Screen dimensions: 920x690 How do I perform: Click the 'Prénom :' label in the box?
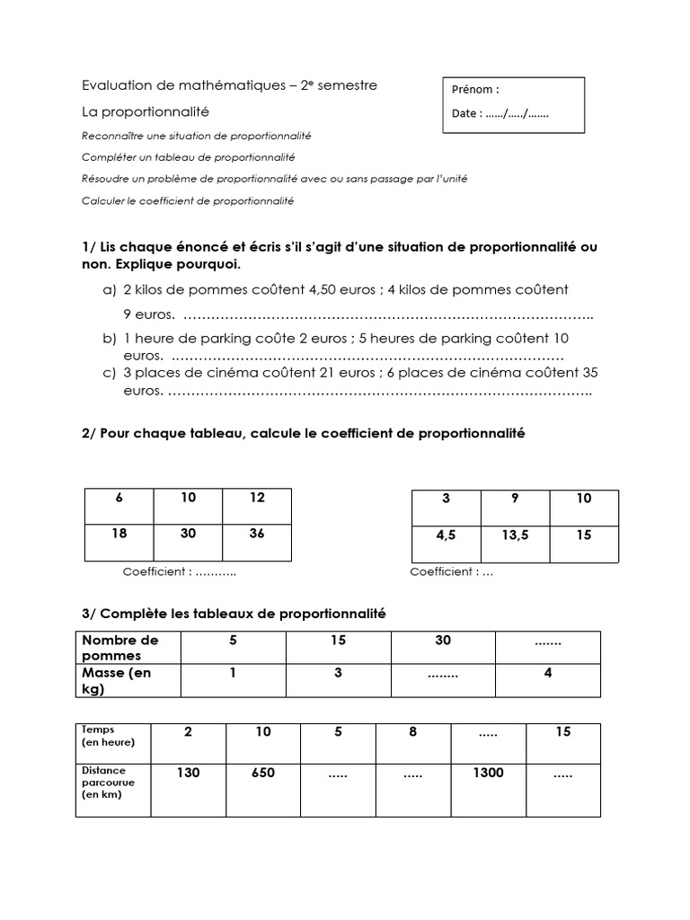[477, 89]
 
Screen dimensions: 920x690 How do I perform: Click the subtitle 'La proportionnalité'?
[145, 111]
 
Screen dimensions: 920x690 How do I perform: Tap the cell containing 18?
[119, 533]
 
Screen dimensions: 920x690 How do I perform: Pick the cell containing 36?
[257, 533]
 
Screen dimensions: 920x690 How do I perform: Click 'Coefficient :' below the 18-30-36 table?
[157, 571]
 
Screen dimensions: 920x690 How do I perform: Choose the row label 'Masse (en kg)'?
[117, 680]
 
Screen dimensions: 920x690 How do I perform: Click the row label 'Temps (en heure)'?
[108, 736]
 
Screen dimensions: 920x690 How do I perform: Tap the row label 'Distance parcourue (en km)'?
[107, 782]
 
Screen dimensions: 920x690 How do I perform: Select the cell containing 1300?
[488, 773]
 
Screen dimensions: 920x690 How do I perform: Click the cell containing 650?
[262, 773]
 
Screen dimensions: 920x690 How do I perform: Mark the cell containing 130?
[188, 773]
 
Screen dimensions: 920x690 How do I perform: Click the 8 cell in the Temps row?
[412, 732]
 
